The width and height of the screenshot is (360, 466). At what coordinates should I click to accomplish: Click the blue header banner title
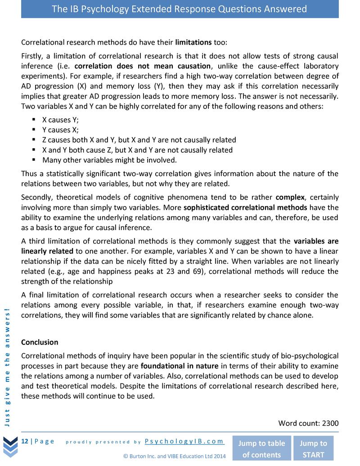(180, 9)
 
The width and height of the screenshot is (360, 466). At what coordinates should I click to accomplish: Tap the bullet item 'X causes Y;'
(60, 120)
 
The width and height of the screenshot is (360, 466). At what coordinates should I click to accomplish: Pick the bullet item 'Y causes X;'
(60, 130)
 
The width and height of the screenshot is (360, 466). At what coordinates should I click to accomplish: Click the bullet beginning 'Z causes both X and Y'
(139, 140)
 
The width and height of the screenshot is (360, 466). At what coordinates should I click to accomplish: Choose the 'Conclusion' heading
(40, 342)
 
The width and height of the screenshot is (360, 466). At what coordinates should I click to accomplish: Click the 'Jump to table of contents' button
(261, 448)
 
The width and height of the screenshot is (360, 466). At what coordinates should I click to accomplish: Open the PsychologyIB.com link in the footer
(184, 441)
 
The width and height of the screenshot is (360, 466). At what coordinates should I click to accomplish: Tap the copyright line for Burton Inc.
(174, 456)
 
